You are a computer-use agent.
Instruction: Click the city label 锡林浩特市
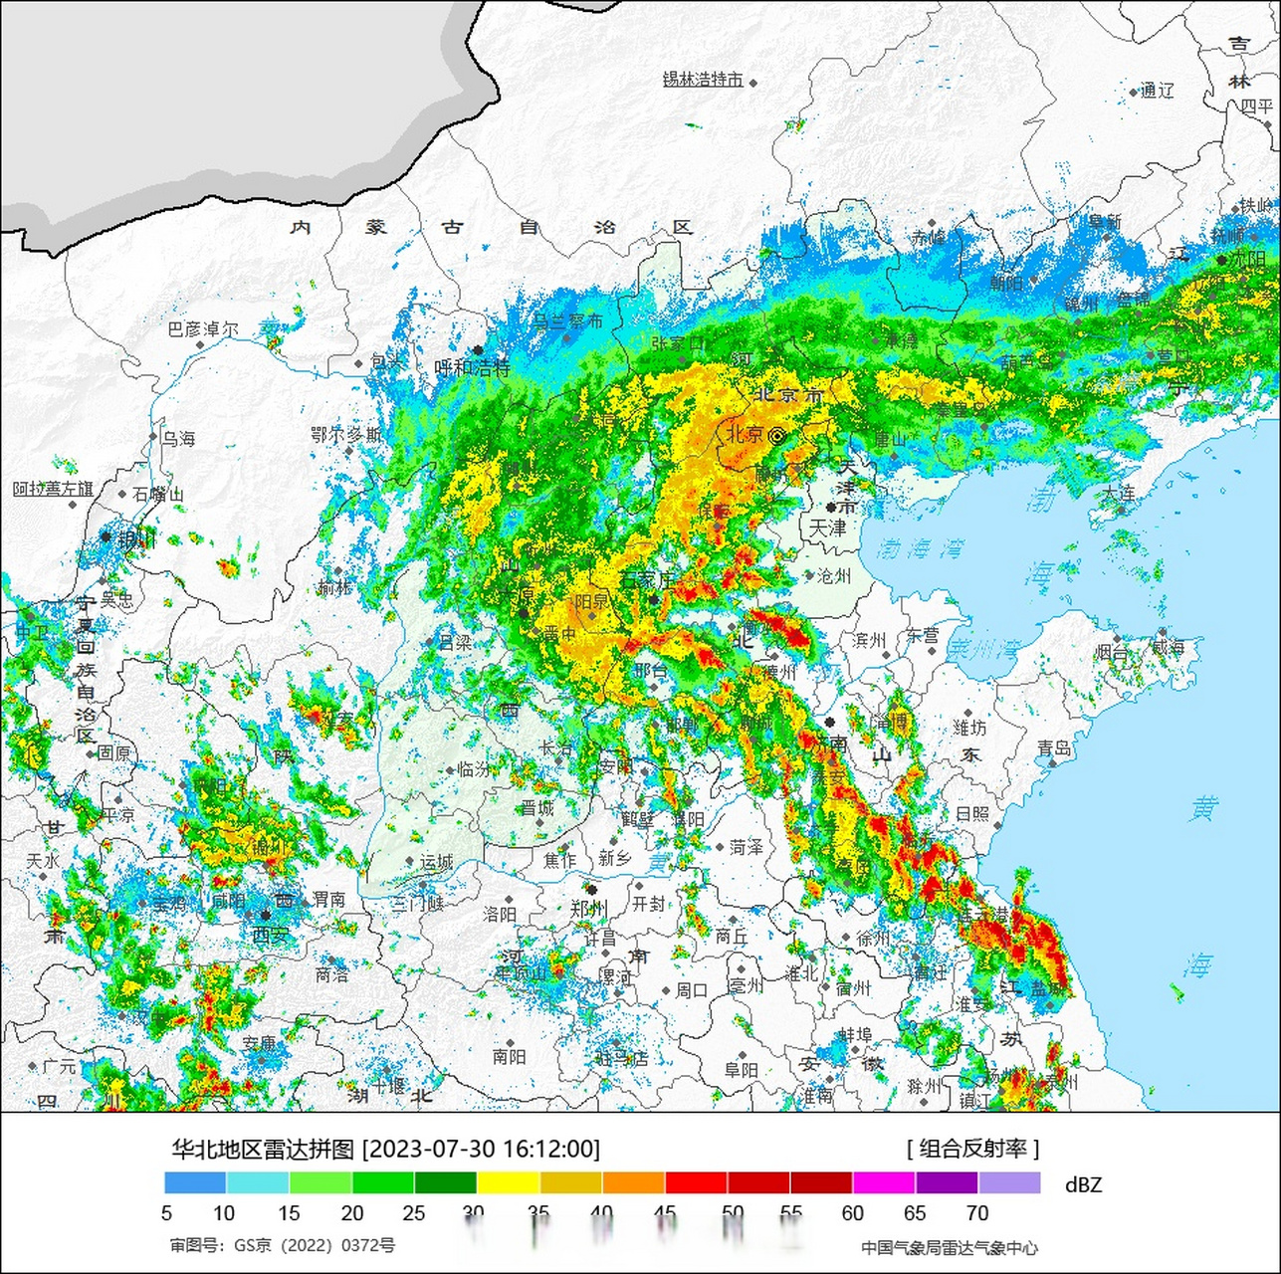coord(703,80)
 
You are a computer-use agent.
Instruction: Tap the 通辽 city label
coord(1158,91)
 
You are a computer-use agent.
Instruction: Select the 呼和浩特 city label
coord(473,367)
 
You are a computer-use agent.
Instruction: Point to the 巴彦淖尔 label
coord(203,328)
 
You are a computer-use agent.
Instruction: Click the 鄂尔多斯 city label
coord(345,435)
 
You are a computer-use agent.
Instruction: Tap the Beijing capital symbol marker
coord(776,435)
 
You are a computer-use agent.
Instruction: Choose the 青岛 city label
coord(1053,747)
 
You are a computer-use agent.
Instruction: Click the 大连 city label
coord(1118,493)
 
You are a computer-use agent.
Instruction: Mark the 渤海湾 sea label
coord(922,547)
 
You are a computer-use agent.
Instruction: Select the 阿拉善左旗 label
coord(53,489)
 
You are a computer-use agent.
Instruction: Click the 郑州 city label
coord(589,908)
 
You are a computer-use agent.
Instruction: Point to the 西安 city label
coord(270,935)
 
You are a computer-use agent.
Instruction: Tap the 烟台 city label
coord(1112,653)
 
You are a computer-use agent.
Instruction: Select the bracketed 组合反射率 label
coord(972,1149)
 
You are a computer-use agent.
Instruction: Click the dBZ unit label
coord(1083,1184)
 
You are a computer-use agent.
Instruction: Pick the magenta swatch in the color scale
coord(884,1182)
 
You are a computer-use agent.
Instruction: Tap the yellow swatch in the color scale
coord(508,1182)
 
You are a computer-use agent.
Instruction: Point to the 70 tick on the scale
coord(977,1213)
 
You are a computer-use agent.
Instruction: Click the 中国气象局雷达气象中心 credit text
coord(949,1247)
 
